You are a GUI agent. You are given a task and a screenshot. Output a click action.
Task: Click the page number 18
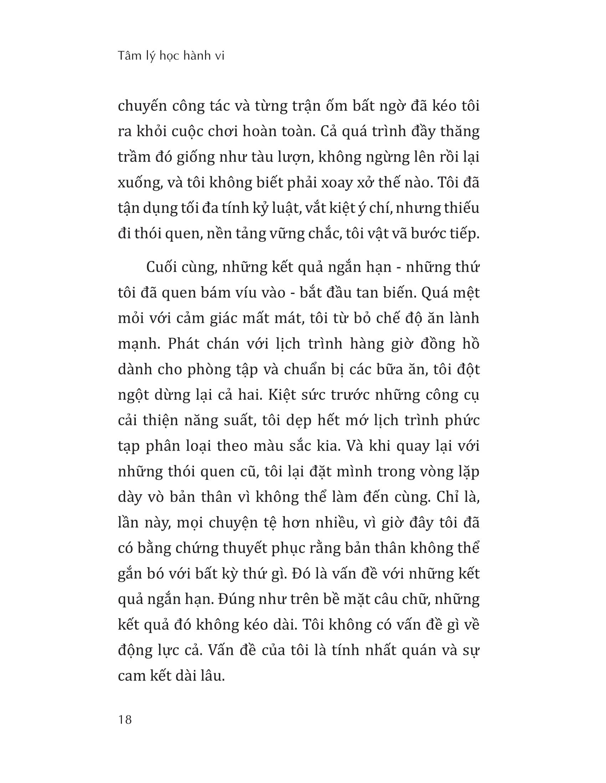pos(124,719)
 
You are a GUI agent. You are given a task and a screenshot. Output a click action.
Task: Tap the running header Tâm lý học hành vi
pos(171,56)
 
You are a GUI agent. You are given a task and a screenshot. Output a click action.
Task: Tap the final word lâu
pos(211,676)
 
